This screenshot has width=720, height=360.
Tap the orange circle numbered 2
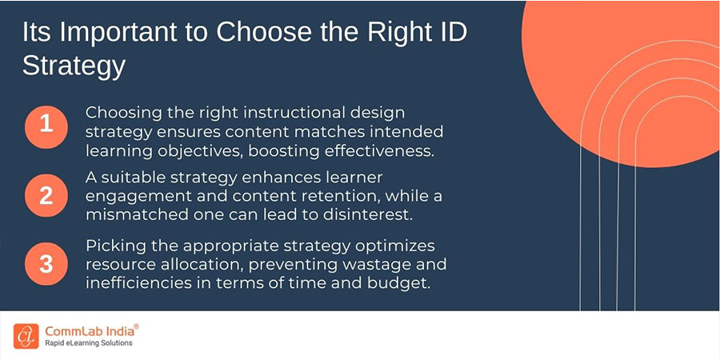click(46, 195)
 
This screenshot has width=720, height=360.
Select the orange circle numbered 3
click(46, 263)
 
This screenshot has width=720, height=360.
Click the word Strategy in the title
click(74, 66)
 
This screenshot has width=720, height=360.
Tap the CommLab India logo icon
click(26, 334)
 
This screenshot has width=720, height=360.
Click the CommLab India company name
click(86, 329)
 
